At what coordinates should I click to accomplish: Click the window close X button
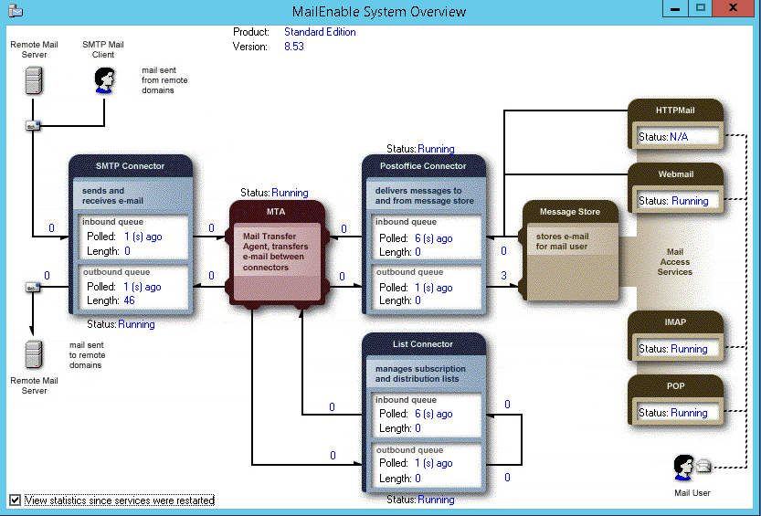point(734,8)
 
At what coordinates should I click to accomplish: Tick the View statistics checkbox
point(15,500)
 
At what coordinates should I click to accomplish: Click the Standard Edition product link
point(320,32)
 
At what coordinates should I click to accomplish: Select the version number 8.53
point(294,47)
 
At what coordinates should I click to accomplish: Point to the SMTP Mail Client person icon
point(104,80)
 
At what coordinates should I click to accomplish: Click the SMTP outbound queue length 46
point(129,300)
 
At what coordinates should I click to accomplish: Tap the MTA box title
point(276,212)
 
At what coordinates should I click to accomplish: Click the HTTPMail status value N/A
point(679,137)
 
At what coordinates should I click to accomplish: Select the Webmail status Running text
point(690,201)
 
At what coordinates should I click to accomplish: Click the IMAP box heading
point(675,322)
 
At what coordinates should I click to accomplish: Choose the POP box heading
point(676,386)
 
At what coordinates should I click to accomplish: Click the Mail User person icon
point(683,468)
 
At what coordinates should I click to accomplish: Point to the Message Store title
point(570,212)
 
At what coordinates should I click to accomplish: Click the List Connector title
point(423,343)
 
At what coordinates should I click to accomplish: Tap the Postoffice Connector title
point(423,166)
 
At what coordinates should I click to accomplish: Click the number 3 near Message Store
point(503,276)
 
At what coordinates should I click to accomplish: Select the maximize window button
point(701,7)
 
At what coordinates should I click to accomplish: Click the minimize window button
point(675,8)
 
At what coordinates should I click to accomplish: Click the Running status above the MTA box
point(290,193)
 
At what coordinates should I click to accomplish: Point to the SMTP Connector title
point(130,166)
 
